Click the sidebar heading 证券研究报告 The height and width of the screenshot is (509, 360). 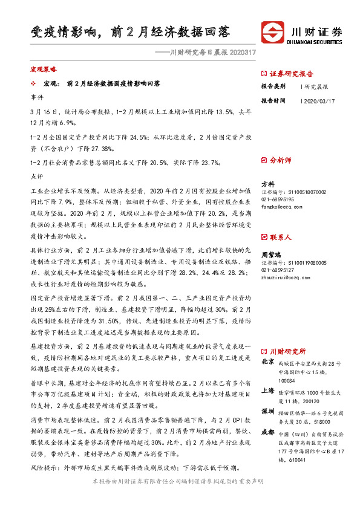point(291,73)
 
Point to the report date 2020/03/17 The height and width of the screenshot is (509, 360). point(318,101)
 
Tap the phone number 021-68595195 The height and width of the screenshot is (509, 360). point(277,199)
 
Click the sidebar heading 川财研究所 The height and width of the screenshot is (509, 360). point(287,351)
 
